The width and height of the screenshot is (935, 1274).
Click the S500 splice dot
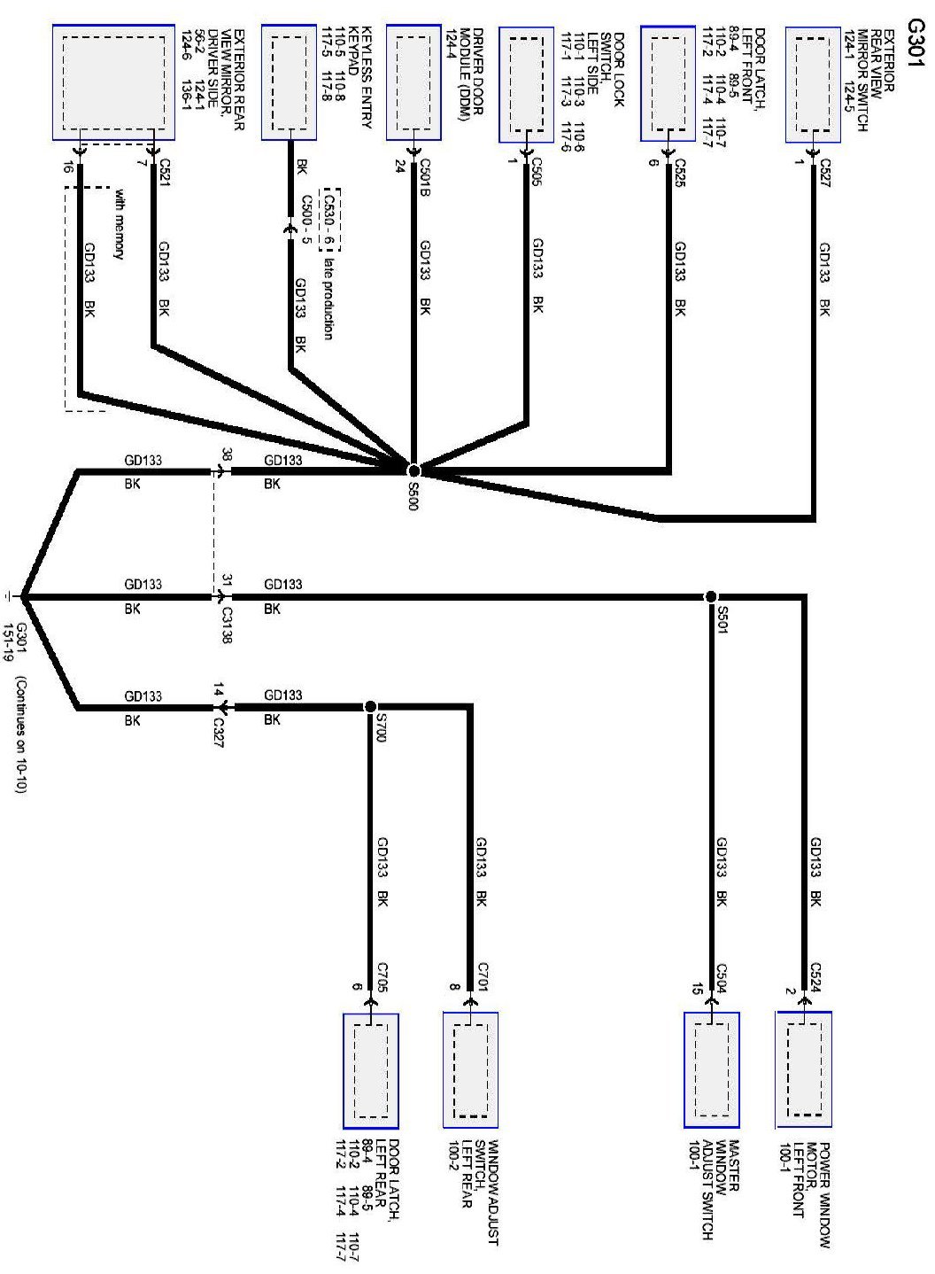(x=413, y=470)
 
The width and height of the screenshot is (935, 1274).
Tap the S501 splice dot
(x=710, y=597)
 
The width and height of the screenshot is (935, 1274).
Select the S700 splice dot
(x=370, y=706)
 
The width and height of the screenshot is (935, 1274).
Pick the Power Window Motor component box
(x=803, y=1069)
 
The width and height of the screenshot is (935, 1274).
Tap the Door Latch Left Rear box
(x=370, y=1071)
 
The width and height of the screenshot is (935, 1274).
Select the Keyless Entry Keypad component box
(x=289, y=83)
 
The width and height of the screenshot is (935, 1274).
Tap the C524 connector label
(x=815, y=975)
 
